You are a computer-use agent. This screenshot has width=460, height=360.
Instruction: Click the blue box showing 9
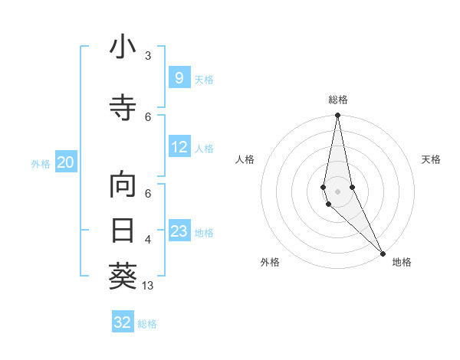click(179, 78)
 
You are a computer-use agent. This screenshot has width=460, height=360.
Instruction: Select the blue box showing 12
click(179, 148)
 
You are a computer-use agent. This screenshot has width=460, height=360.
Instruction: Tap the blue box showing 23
click(179, 231)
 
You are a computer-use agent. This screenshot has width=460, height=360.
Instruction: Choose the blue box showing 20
click(65, 162)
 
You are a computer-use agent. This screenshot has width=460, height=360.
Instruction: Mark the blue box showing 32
click(123, 322)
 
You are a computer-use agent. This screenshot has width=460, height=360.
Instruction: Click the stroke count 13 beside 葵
click(149, 286)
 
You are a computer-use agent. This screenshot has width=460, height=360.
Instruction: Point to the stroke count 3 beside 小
click(148, 56)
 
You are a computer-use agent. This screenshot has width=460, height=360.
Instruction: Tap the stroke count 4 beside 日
click(148, 240)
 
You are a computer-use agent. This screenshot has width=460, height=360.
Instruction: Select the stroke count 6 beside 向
click(148, 194)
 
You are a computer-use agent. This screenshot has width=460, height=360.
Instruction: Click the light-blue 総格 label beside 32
click(147, 324)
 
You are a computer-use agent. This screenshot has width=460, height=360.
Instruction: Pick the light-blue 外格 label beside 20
click(41, 163)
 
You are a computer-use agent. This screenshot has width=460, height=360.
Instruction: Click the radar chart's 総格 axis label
click(338, 100)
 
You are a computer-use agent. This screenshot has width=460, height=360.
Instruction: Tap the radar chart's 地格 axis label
click(402, 262)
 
